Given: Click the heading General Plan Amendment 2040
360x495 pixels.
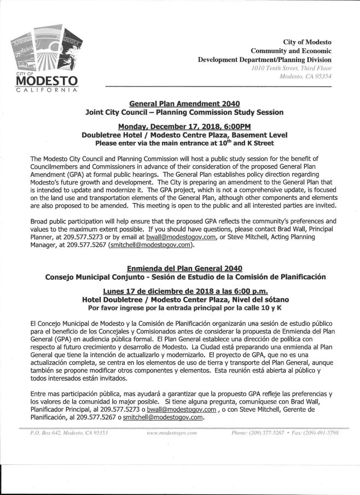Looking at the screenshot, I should pyautogui.click(x=184, y=103).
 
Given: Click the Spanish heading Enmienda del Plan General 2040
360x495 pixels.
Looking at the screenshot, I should pyautogui.click(x=184, y=268).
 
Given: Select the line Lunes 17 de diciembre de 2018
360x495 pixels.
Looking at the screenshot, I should pyautogui.click(x=184, y=290).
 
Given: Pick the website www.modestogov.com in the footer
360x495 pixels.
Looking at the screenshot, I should pyautogui.click(x=172, y=433).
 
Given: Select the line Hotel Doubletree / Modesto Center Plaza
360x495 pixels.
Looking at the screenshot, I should pyautogui.click(x=184, y=300).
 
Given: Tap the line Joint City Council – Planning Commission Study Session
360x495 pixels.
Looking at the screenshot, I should pyautogui.click(x=184, y=112).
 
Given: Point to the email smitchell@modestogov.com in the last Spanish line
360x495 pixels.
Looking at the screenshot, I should pyautogui.click(x=164, y=417).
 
